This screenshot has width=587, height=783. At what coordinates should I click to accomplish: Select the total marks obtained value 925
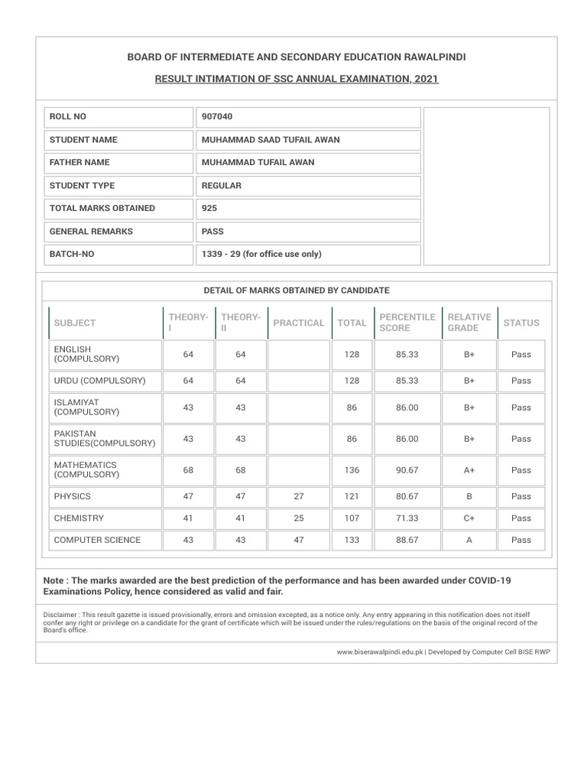click(x=209, y=209)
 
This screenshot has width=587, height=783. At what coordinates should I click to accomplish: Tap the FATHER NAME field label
click(x=79, y=163)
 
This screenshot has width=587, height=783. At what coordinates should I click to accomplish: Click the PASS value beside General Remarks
click(x=212, y=232)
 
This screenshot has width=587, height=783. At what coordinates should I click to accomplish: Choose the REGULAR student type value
click(x=222, y=186)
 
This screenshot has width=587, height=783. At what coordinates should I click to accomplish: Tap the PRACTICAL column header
click(x=299, y=323)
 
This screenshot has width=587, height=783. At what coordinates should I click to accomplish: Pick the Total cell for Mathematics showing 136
click(x=352, y=470)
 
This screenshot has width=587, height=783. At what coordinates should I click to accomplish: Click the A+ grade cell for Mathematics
click(x=469, y=470)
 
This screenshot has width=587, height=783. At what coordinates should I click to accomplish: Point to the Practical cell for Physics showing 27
click(x=299, y=497)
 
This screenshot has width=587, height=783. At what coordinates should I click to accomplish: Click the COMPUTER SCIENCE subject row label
click(x=97, y=540)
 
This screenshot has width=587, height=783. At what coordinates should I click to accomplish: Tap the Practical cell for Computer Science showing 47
click(x=299, y=540)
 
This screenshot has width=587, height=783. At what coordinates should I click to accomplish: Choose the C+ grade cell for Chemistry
click(x=469, y=518)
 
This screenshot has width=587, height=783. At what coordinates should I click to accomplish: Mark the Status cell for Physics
click(x=521, y=497)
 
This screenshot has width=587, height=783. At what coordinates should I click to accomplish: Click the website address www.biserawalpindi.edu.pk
click(x=380, y=652)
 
